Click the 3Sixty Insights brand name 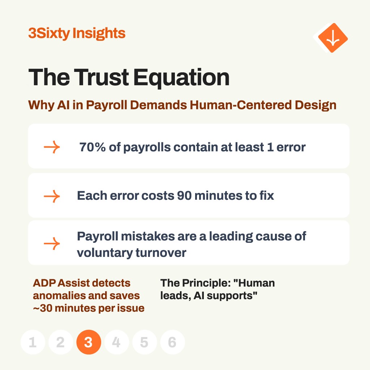point(77,33)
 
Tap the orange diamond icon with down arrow point(333,38)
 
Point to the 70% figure point(92,147)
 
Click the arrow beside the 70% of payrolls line point(52,147)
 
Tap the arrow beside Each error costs point(52,196)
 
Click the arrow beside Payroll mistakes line point(52,244)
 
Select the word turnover point(161,253)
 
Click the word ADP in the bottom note point(45,283)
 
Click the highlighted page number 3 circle point(89,342)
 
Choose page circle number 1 point(33,342)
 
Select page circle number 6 point(172,342)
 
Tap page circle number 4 point(117,342)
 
